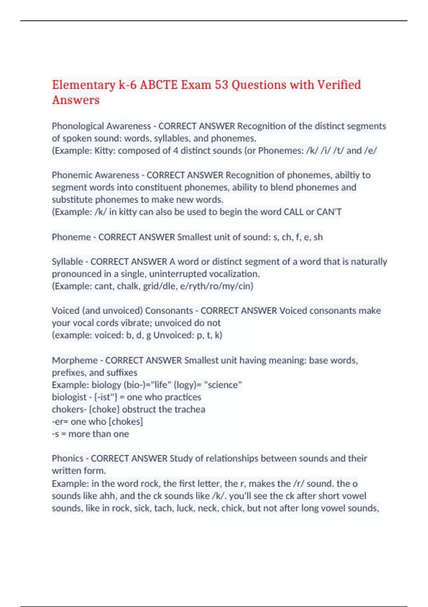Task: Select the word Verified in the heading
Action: (x=339, y=85)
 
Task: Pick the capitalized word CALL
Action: (x=293, y=212)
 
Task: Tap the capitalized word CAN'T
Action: (x=329, y=212)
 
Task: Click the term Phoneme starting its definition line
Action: (x=71, y=237)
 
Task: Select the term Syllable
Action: (x=67, y=262)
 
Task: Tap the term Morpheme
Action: (x=75, y=360)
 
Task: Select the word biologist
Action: (x=69, y=397)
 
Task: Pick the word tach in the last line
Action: (x=163, y=508)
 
